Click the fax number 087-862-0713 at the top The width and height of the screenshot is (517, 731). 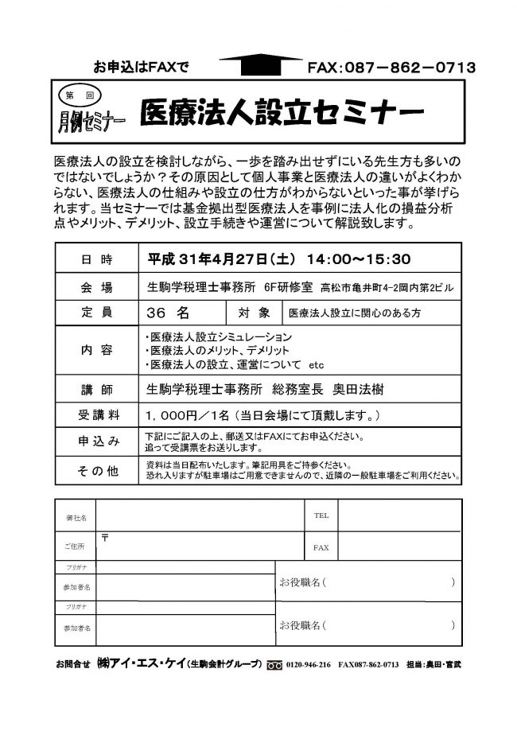point(391,68)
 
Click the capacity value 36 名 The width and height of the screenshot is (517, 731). point(169,313)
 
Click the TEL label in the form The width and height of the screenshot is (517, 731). point(321,515)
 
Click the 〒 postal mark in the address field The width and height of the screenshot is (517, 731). point(106,539)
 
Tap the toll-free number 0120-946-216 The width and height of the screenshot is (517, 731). point(310,663)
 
